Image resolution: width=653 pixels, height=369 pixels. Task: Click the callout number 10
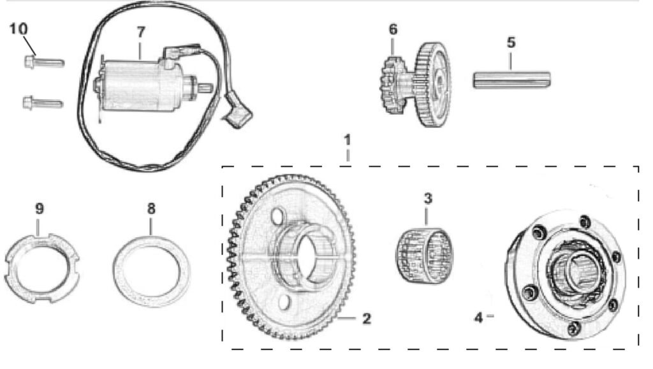pos(18,29)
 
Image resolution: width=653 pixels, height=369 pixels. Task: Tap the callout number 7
pos(142,32)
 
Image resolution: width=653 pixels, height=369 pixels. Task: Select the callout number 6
pos(393,29)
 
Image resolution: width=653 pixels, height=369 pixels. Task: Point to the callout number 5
pos(511,43)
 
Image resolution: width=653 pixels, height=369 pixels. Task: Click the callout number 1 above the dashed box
pos(347,139)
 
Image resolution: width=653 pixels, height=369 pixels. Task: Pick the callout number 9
pos(39,208)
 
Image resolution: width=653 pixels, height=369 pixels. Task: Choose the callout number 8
pos(150,208)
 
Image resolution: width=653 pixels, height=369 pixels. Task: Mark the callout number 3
pos(428,198)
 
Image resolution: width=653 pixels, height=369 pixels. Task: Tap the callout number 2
pos(367,318)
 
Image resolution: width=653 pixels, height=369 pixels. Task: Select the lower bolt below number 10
pos(41,101)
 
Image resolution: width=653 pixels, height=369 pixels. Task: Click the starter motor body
pos(134,86)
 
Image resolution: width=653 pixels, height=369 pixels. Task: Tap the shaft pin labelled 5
pos(512,80)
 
